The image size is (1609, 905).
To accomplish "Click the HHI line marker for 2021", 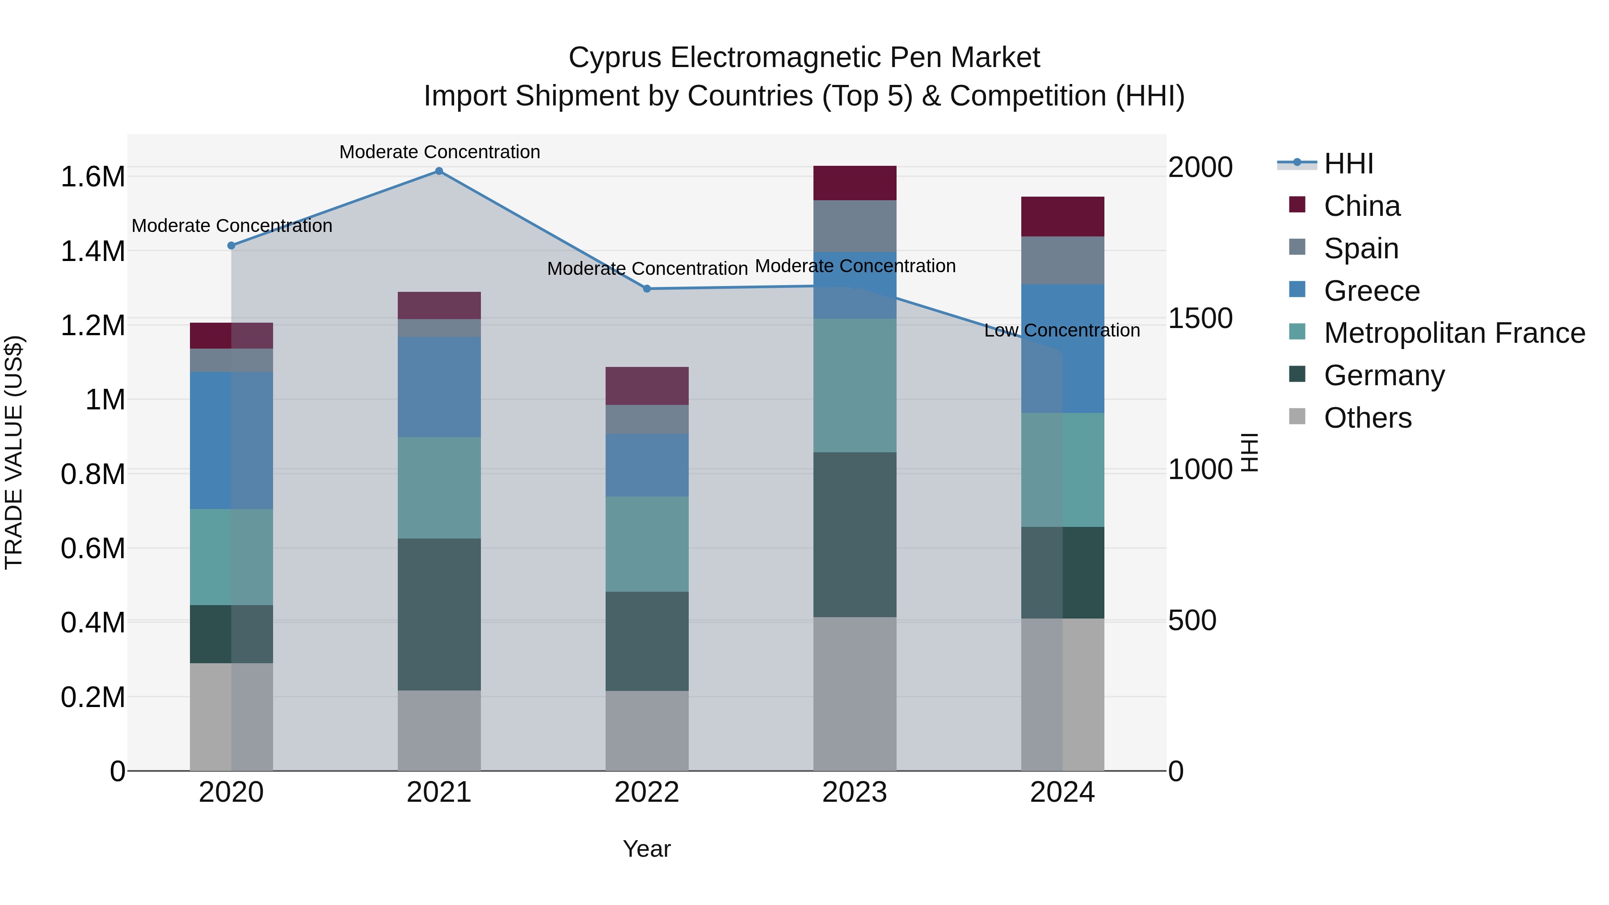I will tap(439, 171).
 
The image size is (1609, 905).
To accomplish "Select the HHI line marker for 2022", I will tap(647, 289).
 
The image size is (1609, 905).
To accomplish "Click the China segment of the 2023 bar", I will tap(855, 183).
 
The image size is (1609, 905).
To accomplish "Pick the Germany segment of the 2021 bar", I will tap(439, 615).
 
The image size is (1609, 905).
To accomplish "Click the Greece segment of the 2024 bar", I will tap(1062, 349).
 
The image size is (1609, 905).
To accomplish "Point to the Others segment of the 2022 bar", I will tap(647, 731).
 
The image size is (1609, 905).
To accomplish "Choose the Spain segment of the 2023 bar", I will tap(855, 226).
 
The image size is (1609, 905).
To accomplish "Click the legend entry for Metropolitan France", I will tap(1454, 333).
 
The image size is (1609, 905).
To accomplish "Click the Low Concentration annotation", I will tap(1062, 330).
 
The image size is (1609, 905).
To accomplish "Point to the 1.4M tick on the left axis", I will tap(93, 252).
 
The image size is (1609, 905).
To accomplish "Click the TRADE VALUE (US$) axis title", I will tap(14, 452).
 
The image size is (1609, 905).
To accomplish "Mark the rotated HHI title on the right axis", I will tap(1249, 452).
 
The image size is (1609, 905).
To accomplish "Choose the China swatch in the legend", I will tap(1297, 205).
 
